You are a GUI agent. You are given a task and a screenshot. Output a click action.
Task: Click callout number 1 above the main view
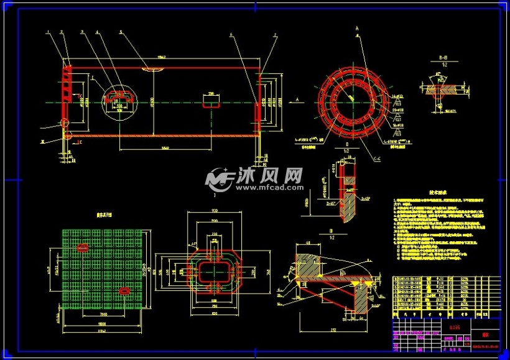click(47, 32)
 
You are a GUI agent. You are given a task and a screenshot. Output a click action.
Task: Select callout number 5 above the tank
click(121, 32)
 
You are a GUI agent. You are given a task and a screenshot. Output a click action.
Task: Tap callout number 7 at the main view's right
click(276, 35)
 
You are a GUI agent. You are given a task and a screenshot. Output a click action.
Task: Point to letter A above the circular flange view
click(358, 29)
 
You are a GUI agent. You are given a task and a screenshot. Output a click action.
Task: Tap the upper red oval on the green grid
click(82, 247)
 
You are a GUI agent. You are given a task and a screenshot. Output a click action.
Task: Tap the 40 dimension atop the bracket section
click(308, 244)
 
